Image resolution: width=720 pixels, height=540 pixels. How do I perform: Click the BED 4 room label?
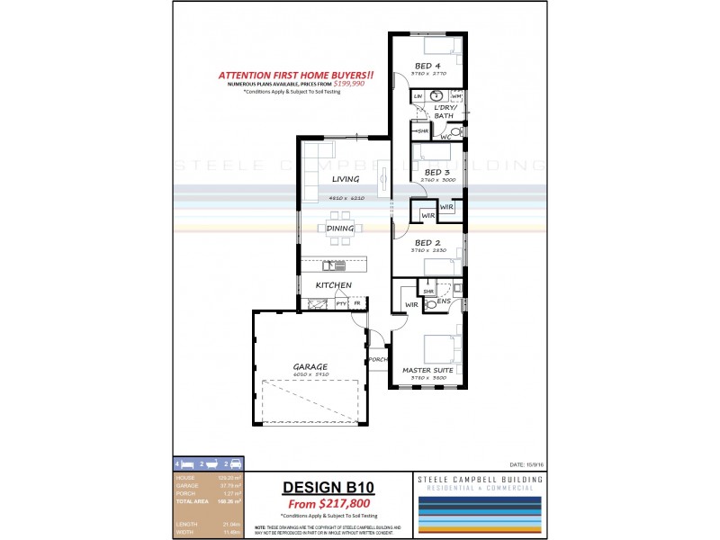pyautogui.click(x=427, y=65)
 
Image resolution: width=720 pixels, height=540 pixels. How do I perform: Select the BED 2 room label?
pyautogui.click(x=427, y=243)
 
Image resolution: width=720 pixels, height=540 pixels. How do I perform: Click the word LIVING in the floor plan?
pyautogui.click(x=346, y=179)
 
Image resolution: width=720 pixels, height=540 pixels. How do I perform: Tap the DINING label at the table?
pyautogui.click(x=340, y=229)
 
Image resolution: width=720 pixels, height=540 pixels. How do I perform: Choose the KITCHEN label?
pyautogui.click(x=332, y=285)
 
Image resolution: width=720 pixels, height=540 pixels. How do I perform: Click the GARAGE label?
pyautogui.click(x=310, y=366)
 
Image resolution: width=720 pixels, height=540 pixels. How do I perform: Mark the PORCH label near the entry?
pyautogui.click(x=378, y=360)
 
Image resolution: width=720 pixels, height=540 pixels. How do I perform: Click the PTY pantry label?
pyautogui.click(x=341, y=304)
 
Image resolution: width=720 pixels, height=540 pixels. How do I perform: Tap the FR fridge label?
pyautogui.click(x=357, y=304)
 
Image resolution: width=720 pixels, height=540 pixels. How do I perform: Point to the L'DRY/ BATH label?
pyautogui.click(x=444, y=111)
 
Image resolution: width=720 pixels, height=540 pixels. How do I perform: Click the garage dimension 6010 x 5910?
pyautogui.click(x=310, y=374)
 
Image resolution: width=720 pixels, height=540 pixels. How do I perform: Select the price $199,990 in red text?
pyautogui.click(x=346, y=83)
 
